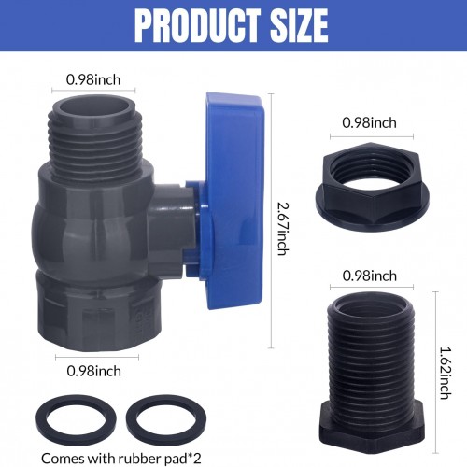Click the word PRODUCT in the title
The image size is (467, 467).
tap(197, 25)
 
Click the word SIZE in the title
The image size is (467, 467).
tap(299, 25)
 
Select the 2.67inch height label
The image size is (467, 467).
tap(283, 229)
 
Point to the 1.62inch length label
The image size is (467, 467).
tap(446, 373)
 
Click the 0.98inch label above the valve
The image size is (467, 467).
tap(93, 80)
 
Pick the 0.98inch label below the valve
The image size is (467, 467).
tap(94, 371)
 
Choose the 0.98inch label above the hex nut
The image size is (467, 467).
tap(369, 122)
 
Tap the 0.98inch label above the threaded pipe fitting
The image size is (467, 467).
tap(370, 276)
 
